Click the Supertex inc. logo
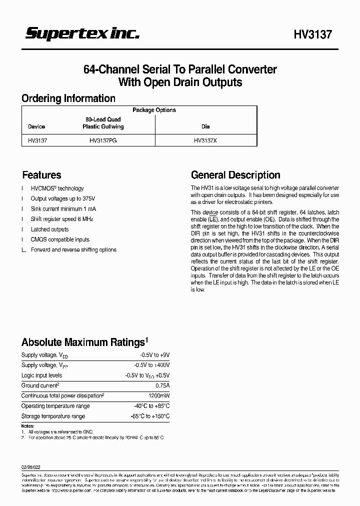(x=82, y=34)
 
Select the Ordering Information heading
(x=68, y=98)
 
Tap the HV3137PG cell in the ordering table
(x=103, y=141)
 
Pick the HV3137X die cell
(x=205, y=141)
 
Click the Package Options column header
(x=154, y=110)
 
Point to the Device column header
(x=36, y=126)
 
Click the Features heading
(x=41, y=175)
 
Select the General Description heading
(x=235, y=175)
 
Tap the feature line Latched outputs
(x=49, y=229)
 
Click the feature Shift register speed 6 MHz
(x=62, y=219)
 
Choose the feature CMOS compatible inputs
(x=60, y=239)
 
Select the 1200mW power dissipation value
(x=159, y=395)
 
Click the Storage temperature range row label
(x=53, y=416)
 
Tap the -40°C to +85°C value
(x=151, y=406)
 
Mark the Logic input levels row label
(x=42, y=375)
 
